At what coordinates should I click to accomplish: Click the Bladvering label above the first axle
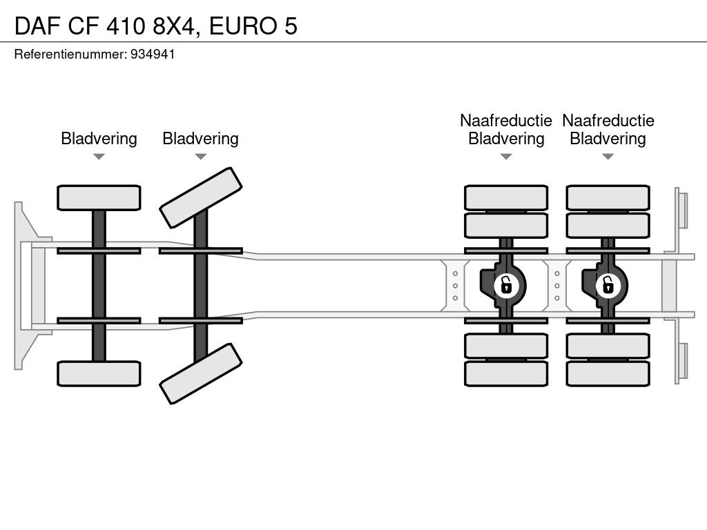(99, 139)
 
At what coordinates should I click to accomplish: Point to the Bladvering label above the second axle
(200, 139)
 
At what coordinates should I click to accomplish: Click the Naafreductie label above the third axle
(506, 121)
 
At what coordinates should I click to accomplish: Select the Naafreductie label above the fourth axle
(608, 121)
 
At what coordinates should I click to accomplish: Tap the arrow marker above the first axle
(99, 157)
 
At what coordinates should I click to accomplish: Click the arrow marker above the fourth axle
(608, 157)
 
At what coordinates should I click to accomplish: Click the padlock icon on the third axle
(506, 284)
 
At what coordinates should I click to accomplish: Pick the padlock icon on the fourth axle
(608, 284)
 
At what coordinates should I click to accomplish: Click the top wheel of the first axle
(99, 197)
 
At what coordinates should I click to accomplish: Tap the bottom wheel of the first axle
(99, 373)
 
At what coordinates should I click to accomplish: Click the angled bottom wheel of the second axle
(201, 375)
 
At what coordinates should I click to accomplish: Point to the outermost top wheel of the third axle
(506, 197)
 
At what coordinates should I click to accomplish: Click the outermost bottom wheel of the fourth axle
(608, 373)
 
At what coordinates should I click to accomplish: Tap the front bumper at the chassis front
(25, 285)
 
